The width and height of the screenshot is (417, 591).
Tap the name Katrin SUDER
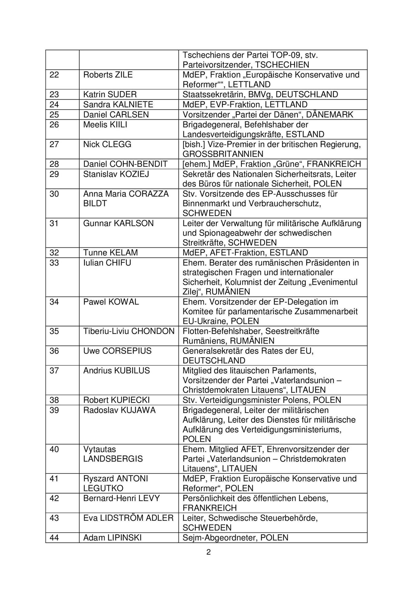[110, 94]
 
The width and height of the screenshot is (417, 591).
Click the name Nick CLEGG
[107, 144]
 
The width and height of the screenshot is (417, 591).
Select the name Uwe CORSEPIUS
[117, 351]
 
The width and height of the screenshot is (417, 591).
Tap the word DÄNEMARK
[330, 115]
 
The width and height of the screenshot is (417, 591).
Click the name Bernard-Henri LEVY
[121, 498]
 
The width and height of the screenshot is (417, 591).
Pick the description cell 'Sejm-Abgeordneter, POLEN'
[235, 538]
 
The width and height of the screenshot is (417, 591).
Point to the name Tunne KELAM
[110, 253]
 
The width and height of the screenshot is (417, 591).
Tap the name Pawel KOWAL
[111, 302]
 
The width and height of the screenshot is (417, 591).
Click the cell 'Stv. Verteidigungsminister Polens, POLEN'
[262, 400]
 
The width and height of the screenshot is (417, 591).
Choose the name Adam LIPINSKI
[112, 538]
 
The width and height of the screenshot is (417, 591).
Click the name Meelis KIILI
[105, 125]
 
